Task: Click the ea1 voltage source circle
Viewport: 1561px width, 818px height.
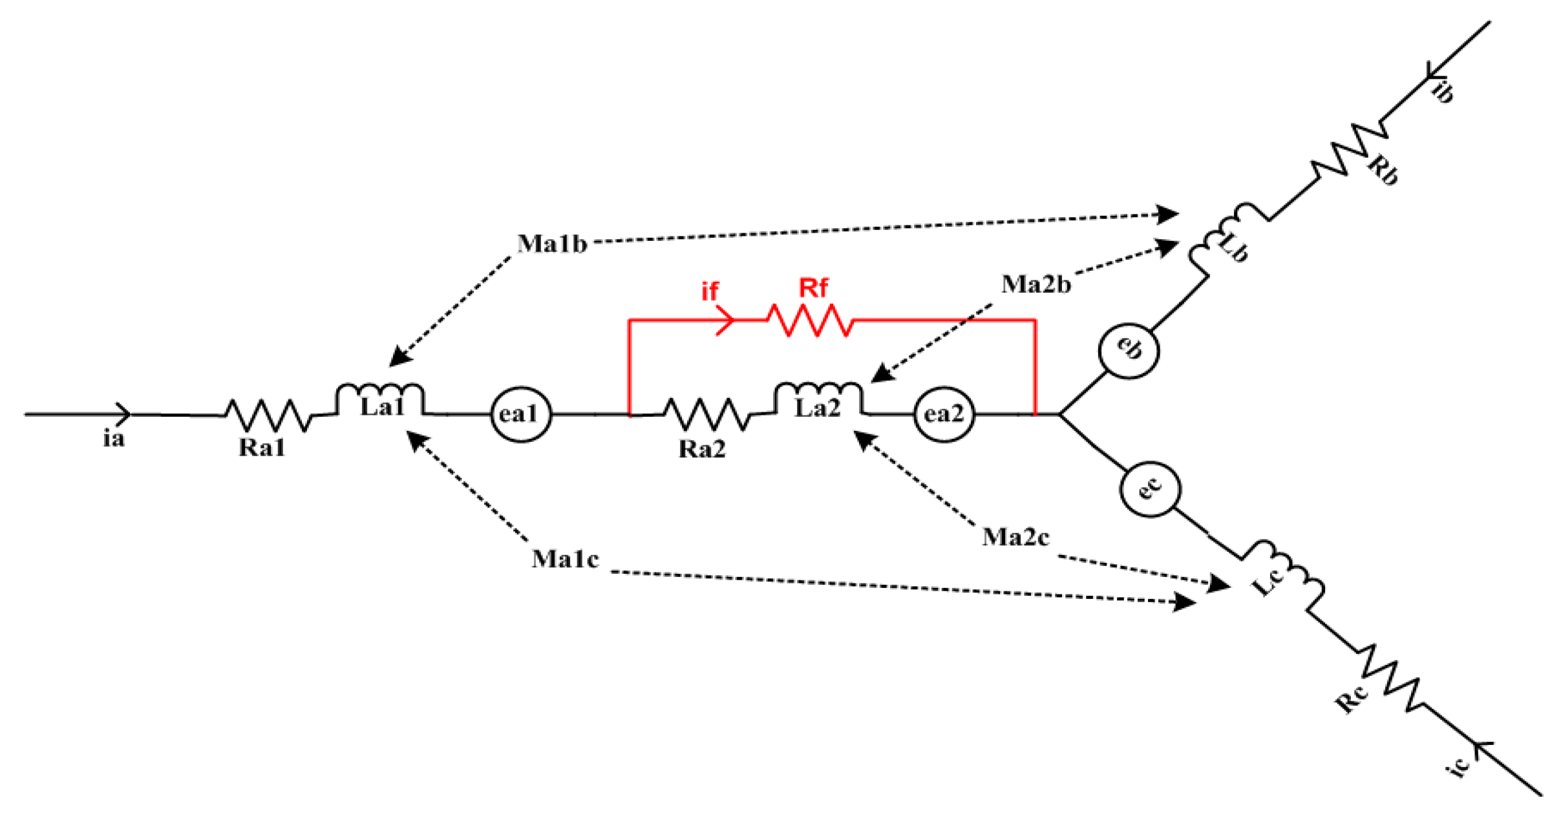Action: [x=520, y=414]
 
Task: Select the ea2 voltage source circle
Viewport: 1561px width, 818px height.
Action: [x=944, y=414]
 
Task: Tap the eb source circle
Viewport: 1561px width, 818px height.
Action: [x=1129, y=350]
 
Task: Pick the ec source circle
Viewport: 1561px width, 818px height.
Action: [x=1150, y=489]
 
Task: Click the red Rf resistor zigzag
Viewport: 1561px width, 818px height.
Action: [x=810, y=320]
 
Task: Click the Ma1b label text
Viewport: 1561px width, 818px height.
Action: [x=551, y=244]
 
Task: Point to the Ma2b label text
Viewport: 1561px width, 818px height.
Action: [x=1035, y=284]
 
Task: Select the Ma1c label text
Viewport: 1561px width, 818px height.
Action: [x=565, y=559]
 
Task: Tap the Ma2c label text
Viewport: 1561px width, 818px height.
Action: [x=1015, y=537]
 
